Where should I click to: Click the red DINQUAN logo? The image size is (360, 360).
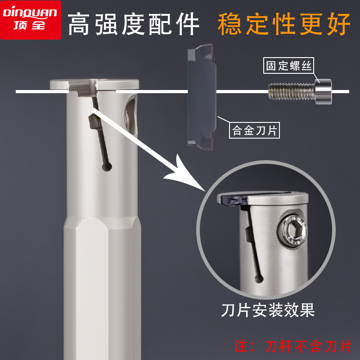pyautogui.click(x=30, y=19)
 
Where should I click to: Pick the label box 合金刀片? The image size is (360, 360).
pyautogui.click(x=255, y=130)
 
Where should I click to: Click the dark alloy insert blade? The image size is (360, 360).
pyautogui.click(x=202, y=96)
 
